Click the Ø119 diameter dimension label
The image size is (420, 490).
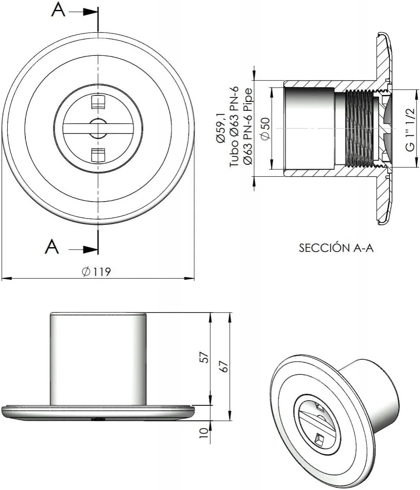(96, 271)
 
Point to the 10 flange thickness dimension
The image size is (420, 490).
(205, 432)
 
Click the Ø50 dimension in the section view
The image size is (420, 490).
(266, 129)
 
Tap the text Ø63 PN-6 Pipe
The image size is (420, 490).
(248, 129)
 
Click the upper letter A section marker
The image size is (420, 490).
(59, 11)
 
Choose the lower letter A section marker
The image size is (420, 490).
(52, 247)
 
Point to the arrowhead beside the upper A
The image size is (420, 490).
(90, 12)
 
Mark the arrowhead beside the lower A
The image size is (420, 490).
(90, 249)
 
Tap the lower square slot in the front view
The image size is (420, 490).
(99, 155)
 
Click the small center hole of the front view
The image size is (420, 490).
(98, 129)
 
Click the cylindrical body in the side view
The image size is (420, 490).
(99, 358)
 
